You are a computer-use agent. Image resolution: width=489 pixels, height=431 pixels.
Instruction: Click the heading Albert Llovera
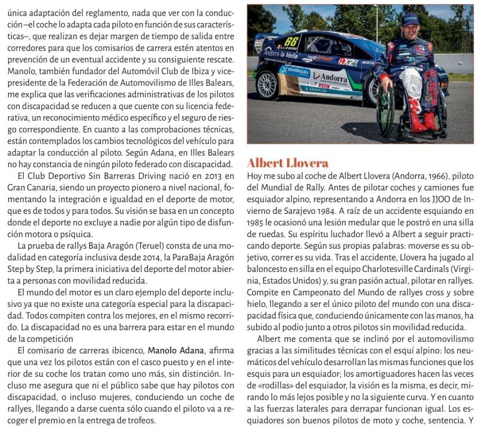pyautogui.click(x=287, y=163)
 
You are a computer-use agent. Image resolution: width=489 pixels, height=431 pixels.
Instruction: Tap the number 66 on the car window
pyautogui.click(x=291, y=41)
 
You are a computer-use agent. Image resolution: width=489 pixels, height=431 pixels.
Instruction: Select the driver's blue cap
pyautogui.click(x=410, y=20)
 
